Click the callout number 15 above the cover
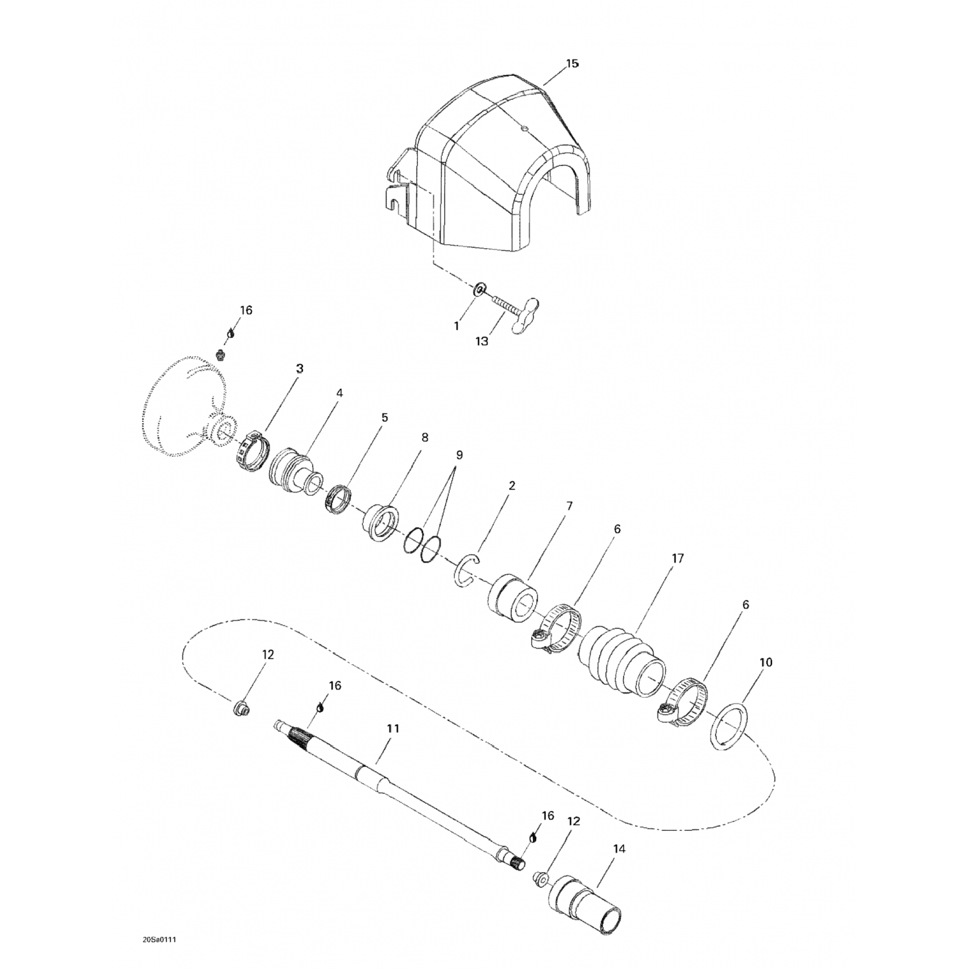(572, 63)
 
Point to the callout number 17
(678, 558)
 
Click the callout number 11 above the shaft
(393, 728)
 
